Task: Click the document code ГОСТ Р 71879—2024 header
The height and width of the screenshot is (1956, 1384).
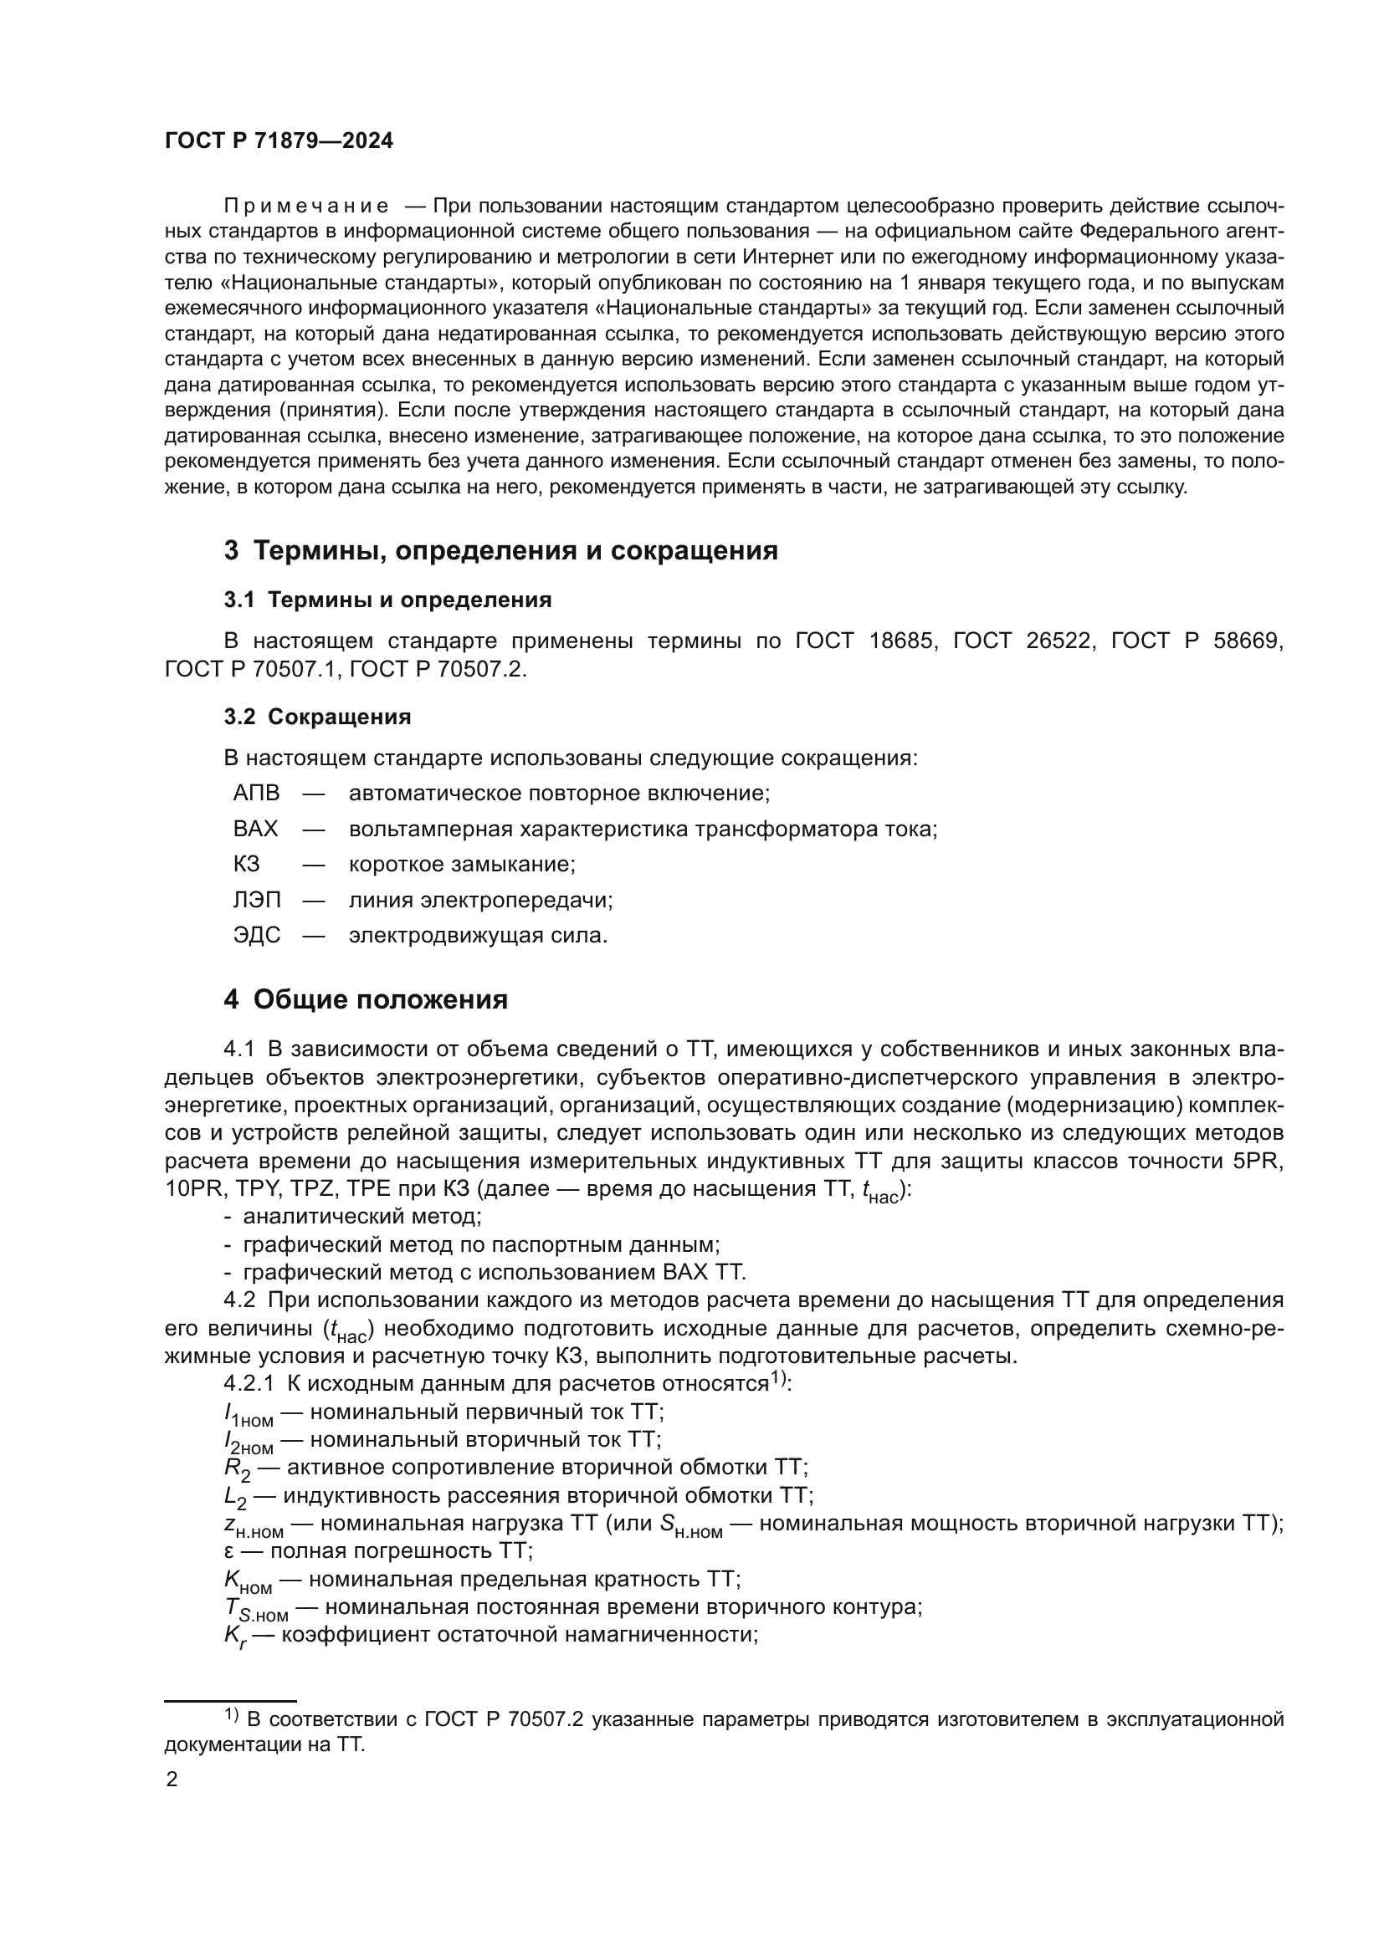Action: coord(279,141)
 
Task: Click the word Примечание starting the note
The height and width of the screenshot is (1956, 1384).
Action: coord(306,207)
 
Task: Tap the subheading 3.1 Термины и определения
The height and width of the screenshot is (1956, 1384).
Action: coord(387,600)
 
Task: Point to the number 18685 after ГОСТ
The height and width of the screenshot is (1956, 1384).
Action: coord(902,641)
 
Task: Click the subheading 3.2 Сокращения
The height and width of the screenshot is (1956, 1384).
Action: coord(317,717)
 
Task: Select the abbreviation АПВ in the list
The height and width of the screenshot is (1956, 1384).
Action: coord(256,793)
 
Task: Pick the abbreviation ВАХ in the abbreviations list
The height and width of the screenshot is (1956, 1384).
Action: coord(256,829)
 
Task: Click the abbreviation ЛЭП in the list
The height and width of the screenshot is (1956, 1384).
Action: coord(256,900)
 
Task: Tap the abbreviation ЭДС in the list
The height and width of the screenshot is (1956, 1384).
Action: coord(256,936)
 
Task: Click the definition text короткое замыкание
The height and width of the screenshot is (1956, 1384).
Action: coord(462,865)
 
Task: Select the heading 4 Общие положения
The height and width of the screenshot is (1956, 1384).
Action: coord(366,999)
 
